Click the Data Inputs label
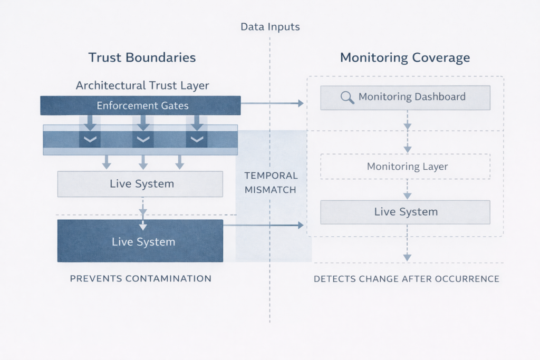click(269, 26)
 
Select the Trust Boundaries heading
click(142, 57)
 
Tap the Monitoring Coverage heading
click(405, 57)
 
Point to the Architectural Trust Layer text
click(142, 85)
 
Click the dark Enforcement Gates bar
click(140, 105)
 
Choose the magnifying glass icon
click(347, 97)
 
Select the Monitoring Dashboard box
click(405, 97)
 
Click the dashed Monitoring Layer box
click(405, 167)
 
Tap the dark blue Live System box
click(140, 241)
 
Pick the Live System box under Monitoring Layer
click(405, 212)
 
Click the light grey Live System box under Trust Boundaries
click(140, 184)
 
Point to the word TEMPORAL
click(271, 176)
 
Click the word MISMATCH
click(271, 190)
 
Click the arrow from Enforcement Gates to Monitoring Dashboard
click(272, 103)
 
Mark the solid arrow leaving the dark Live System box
click(264, 225)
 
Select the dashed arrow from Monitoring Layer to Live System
click(407, 189)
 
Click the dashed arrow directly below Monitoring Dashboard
click(407, 120)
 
